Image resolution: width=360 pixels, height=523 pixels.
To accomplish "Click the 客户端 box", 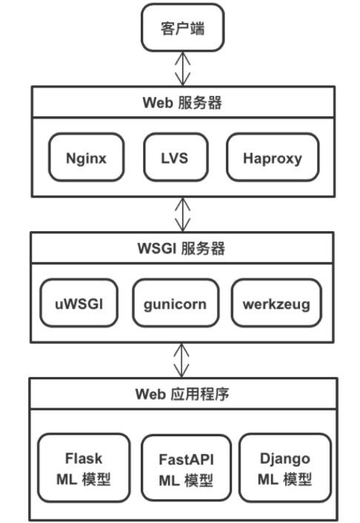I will click(x=182, y=30).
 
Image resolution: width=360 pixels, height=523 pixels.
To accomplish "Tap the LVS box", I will click(x=174, y=157).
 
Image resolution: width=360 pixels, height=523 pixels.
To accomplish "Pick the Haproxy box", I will click(x=273, y=157).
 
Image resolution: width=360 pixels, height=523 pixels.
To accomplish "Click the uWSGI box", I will click(x=79, y=302).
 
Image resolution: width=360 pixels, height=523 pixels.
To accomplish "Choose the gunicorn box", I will click(x=175, y=302).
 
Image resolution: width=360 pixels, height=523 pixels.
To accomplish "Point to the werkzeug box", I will click(x=276, y=302).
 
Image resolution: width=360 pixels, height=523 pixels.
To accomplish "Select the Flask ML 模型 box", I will click(x=83, y=468).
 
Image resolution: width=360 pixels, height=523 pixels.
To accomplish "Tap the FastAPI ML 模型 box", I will click(x=185, y=468).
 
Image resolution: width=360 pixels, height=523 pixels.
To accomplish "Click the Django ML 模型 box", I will click(x=284, y=468).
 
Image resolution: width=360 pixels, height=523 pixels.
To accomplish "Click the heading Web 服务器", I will click(x=182, y=102).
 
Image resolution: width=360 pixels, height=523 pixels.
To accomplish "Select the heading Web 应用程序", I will click(x=182, y=393).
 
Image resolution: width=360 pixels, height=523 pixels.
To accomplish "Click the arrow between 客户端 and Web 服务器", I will click(x=182, y=68).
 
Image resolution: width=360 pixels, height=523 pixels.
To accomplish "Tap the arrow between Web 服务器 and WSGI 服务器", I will click(x=182, y=213).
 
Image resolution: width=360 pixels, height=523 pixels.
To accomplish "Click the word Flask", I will click(x=83, y=458).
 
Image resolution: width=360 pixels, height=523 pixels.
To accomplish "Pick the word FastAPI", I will click(x=185, y=459).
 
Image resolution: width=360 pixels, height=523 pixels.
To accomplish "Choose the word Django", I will click(x=284, y=458).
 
